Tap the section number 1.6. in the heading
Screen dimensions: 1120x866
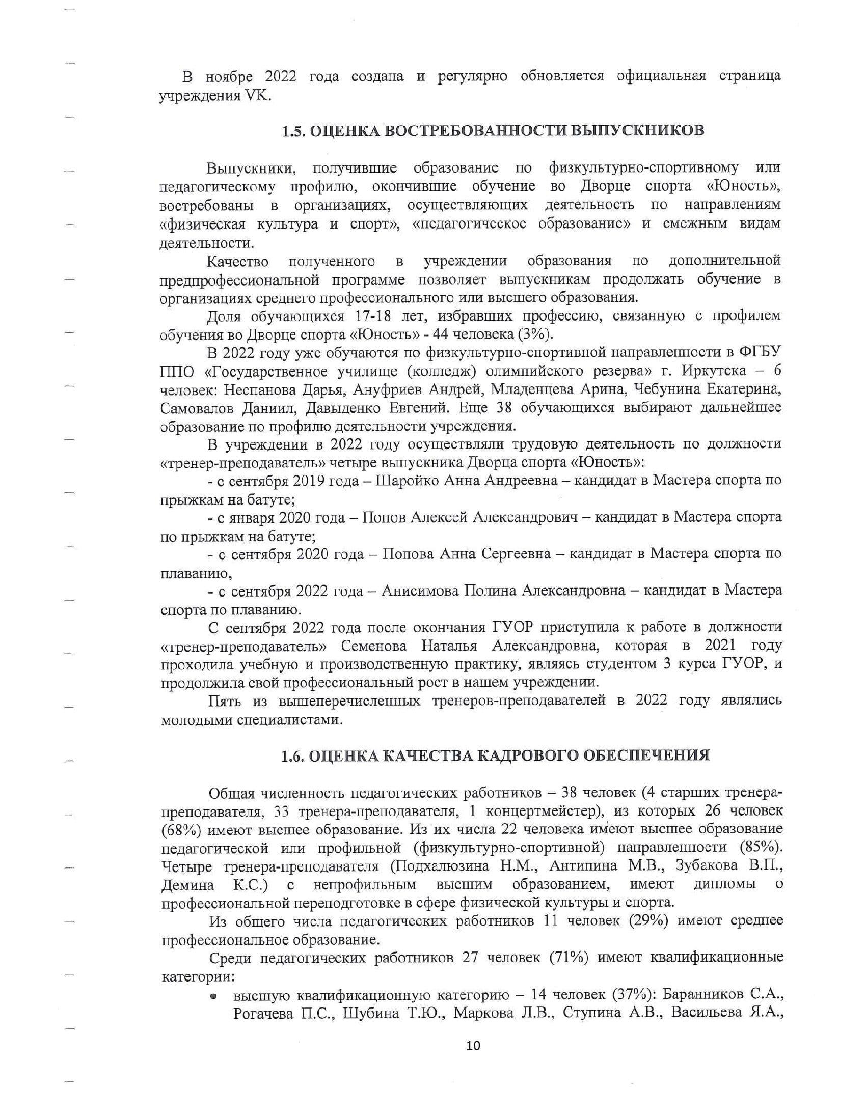coord(294,755)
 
